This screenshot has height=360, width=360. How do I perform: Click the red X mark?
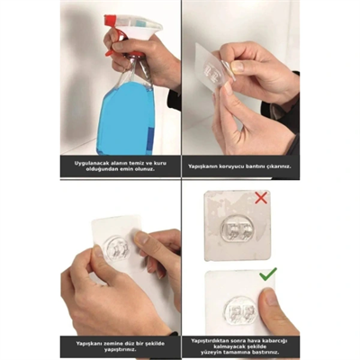pos(261,196)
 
